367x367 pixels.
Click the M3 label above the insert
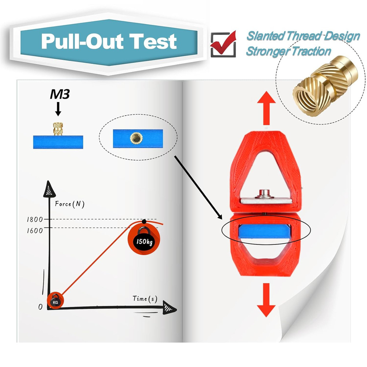[60, 94]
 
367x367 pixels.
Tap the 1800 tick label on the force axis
[34, 219]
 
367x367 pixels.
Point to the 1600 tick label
[34, 230]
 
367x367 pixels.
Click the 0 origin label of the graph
[40, 306]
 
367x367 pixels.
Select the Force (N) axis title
[69, 204]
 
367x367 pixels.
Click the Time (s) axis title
[145, 299]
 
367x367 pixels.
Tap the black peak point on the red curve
[144, 221]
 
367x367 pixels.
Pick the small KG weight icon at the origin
[55, 301]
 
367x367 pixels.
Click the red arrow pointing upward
[266, 108]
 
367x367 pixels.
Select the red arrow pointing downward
[266, 300]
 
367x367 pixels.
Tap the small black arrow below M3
[58, 109]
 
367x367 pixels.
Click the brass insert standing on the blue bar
[58, 129]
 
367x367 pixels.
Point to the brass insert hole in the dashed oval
[136, 138]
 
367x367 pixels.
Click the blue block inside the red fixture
[265, 231]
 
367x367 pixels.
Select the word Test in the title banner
[153, 41]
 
